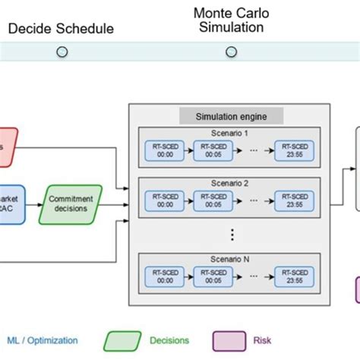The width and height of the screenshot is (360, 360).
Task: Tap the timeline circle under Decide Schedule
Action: click(x=62, y=52)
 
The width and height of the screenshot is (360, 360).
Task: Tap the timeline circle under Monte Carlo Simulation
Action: click(x=230, y=52)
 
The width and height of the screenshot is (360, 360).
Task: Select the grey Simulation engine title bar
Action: click(x=232, y=116)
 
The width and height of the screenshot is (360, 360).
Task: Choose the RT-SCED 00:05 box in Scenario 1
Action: click(x=213, y=152)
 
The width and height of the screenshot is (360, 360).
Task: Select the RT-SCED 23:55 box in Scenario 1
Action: click(x=295, y=152)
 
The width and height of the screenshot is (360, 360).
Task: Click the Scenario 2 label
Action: click(x=232, y=185)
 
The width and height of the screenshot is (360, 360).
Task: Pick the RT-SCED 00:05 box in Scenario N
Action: click(x=213, y=277)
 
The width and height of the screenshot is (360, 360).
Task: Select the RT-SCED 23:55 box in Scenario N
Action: click(x=295, y=277)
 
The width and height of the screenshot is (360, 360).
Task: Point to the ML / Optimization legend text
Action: click(x=45, y=341)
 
